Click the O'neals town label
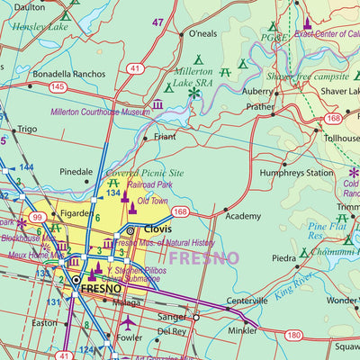202,34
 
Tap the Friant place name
165,138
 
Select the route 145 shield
58,86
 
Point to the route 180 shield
293,336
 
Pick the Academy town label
243,217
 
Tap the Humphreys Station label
291,173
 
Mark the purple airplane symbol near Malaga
129,320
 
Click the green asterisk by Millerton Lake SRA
193,92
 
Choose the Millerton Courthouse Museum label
100,112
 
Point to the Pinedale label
76,171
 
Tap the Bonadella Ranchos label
69,74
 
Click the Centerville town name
247,300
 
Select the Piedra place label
283,258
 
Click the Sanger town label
171,318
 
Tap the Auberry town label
256,91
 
